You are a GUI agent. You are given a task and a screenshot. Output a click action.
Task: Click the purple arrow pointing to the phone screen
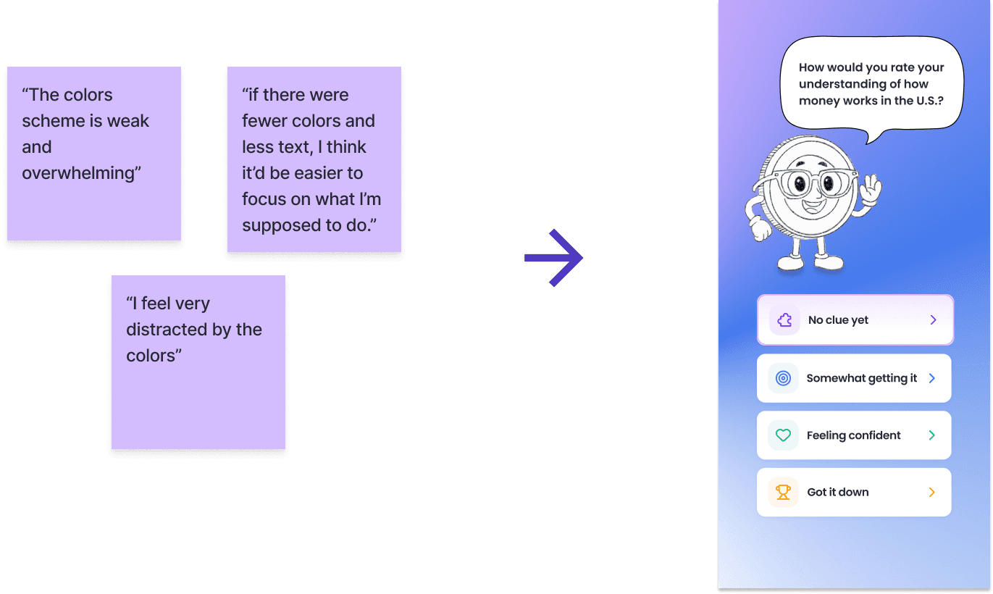click(554, 258)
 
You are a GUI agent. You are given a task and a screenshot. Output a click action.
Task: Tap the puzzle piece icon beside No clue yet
click(784, 320)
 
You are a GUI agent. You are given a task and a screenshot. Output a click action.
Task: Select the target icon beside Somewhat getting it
click(783, 378)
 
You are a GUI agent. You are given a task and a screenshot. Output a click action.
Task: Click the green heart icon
click(783, 435)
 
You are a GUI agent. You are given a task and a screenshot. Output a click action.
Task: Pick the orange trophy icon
click(783, 493)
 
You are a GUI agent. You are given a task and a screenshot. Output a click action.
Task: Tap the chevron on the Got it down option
click(932, 493)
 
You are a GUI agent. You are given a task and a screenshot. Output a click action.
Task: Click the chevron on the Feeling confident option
click(932, 435)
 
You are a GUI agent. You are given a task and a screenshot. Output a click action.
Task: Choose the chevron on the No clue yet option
click(933, 320)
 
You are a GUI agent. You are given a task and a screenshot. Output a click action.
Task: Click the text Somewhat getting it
click(862, 378)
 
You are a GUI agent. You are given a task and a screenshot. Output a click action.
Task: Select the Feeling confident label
click(854, 435)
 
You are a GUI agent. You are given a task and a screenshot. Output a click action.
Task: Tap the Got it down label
click(838, 493)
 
